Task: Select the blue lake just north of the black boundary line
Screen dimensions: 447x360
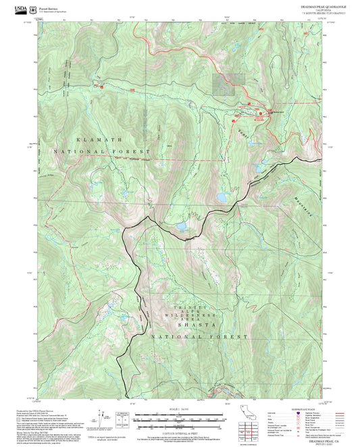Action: [x=222, y=198]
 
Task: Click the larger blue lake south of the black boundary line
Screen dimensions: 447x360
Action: [x=180, y=227]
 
